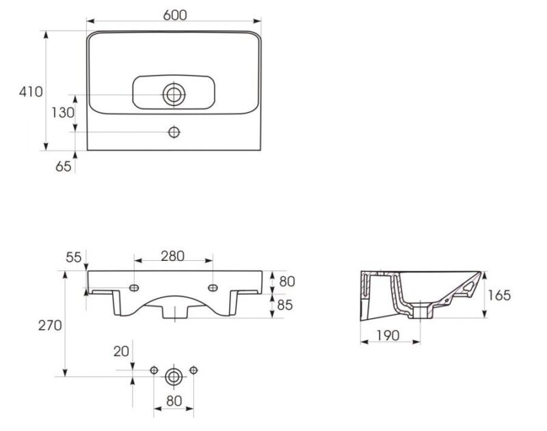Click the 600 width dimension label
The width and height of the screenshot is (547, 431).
[175, 15]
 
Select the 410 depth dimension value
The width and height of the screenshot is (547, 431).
[31, 92]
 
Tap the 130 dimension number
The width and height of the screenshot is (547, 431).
[63, 113]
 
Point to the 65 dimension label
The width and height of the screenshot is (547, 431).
[63, 166]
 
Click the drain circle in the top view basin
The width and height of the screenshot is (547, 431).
[174, 94]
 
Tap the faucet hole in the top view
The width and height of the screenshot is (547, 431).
[174, 132]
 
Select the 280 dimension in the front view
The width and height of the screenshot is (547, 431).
[173, 256]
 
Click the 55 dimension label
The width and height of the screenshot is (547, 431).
[74, 258]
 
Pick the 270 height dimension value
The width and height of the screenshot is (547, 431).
[50, 325]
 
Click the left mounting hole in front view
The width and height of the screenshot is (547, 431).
[134, 288]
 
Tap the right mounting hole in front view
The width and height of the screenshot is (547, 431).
[213, 288]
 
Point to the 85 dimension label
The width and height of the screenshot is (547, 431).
[284, 305]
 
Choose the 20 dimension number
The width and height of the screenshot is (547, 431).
[121, 351]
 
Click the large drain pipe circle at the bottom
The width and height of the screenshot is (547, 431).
[174, 376]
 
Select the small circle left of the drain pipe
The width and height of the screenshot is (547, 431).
[154, 370]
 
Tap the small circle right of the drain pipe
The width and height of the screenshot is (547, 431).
[194, 370]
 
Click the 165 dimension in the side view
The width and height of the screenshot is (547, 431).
[499, 296]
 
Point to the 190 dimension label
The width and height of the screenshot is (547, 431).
[388, 335]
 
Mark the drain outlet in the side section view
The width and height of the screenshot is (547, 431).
[420, 311]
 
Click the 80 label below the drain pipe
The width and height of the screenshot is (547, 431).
[174, 401]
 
